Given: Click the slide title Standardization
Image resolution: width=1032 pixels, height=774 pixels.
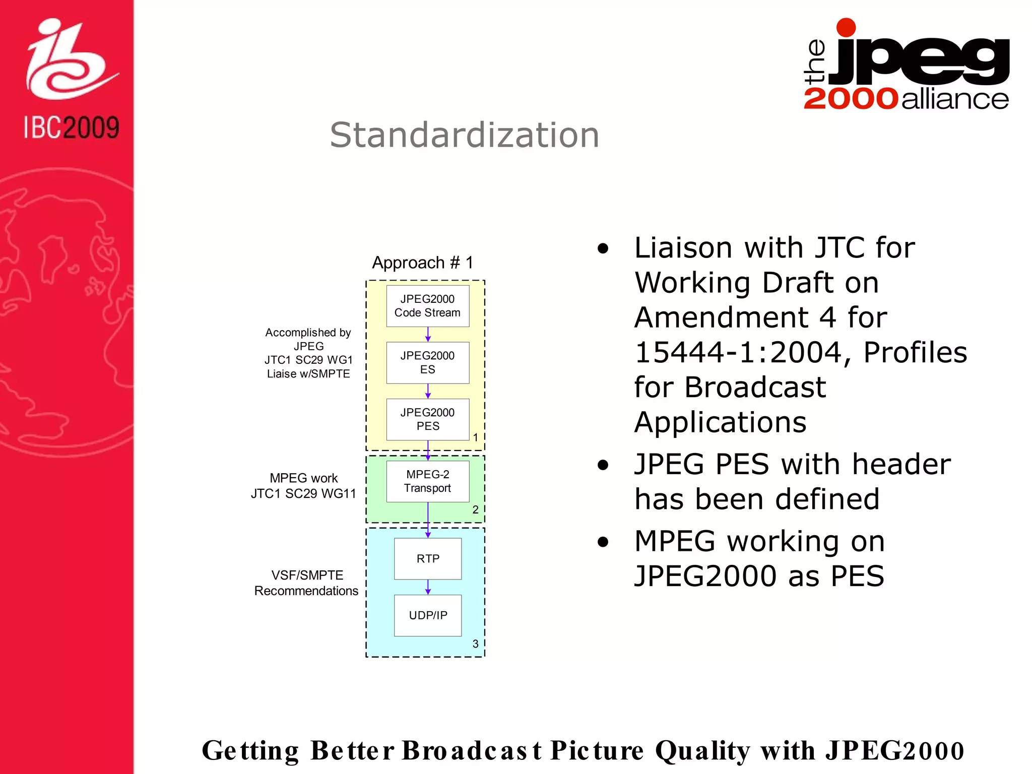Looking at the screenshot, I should point(464,135).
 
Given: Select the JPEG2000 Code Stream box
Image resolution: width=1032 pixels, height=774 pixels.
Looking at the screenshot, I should point(427,306).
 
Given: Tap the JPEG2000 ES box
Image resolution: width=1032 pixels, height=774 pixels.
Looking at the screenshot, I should point(427,363).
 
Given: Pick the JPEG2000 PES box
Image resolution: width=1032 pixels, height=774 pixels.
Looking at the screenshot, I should point(427,419).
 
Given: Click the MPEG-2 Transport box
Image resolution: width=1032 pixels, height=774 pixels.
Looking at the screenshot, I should point(427,481).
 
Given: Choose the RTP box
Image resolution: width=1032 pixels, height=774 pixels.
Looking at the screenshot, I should point(427,558).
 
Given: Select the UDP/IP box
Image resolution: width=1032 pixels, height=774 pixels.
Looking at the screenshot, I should point(427,615).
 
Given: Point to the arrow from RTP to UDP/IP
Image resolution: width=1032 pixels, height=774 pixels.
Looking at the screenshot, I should point(428,587).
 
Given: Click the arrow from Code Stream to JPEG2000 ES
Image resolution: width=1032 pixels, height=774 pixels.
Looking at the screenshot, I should point(428,335).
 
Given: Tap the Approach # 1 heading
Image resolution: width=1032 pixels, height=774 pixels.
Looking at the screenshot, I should point(422,263).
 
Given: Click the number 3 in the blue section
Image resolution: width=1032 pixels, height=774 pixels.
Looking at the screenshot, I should point(475,643).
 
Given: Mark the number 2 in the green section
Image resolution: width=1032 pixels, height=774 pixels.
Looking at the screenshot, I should point(475,509).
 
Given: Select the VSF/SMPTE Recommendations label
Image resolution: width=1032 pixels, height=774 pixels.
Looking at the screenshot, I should point(306,583).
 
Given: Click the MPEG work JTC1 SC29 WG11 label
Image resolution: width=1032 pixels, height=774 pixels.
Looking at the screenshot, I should point(303,486).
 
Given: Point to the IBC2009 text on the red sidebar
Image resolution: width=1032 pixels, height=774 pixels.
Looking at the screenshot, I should point(71,127).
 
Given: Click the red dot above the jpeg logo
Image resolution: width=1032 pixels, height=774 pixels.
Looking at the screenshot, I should point(846,27).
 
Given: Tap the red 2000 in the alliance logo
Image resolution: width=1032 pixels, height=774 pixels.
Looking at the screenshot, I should point(851,99).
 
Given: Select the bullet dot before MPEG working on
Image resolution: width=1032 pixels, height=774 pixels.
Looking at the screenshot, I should point(603,542).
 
